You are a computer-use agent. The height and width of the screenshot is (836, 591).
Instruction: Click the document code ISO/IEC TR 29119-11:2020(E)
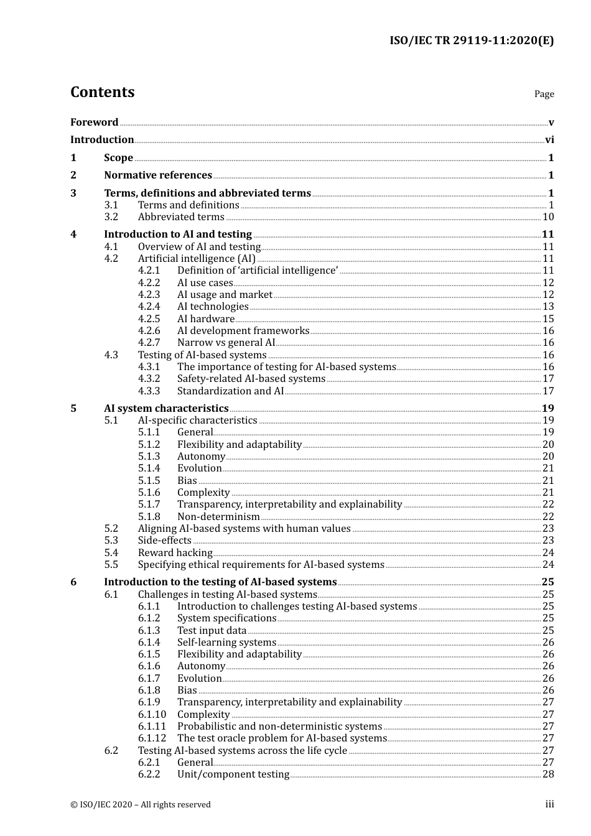[472, 41]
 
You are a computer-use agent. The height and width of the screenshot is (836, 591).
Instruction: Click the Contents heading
[102, 92]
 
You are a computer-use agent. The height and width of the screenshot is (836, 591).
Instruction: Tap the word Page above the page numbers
[544, 94]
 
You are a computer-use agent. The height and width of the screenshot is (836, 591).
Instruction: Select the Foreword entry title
[94, 123]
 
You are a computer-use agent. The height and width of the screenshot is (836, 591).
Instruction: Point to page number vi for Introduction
[549, 140]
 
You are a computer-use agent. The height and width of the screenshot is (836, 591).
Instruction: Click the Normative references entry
[158, 175]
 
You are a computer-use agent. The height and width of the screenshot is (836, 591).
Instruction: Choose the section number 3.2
[111, 217]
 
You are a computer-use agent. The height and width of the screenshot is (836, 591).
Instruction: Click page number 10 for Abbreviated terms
[548, 217]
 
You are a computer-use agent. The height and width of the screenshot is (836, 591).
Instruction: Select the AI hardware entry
[206, 319]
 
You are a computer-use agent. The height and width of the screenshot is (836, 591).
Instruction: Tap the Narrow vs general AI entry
[226, 343]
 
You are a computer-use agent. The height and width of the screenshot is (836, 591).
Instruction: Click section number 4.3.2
[149, 379]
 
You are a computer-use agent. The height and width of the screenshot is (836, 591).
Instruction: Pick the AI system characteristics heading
[166, 409]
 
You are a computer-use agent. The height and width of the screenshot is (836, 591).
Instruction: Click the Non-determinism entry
[218, 517]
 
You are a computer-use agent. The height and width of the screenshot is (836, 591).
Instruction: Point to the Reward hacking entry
[175, 553]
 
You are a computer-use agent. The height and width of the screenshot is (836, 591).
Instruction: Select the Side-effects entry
[165, 541]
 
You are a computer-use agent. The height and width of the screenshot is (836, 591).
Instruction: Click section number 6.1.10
[152, 715]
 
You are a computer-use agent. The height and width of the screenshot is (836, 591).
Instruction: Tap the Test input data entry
[212, 631]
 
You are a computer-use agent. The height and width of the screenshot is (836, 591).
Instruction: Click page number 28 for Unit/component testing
[548, 774]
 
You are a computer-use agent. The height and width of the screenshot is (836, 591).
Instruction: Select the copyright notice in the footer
[141, 805]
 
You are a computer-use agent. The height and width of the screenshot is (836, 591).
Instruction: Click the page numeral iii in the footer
[549, 804]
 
